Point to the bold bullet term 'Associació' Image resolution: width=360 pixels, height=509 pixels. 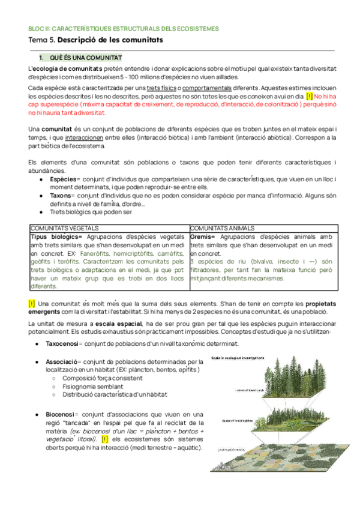(62, 362)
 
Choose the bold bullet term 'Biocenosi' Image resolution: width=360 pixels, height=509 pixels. (61, 414)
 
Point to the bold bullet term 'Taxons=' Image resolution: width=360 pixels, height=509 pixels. (60, 195)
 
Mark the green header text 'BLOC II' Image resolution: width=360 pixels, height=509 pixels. (38, 28)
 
